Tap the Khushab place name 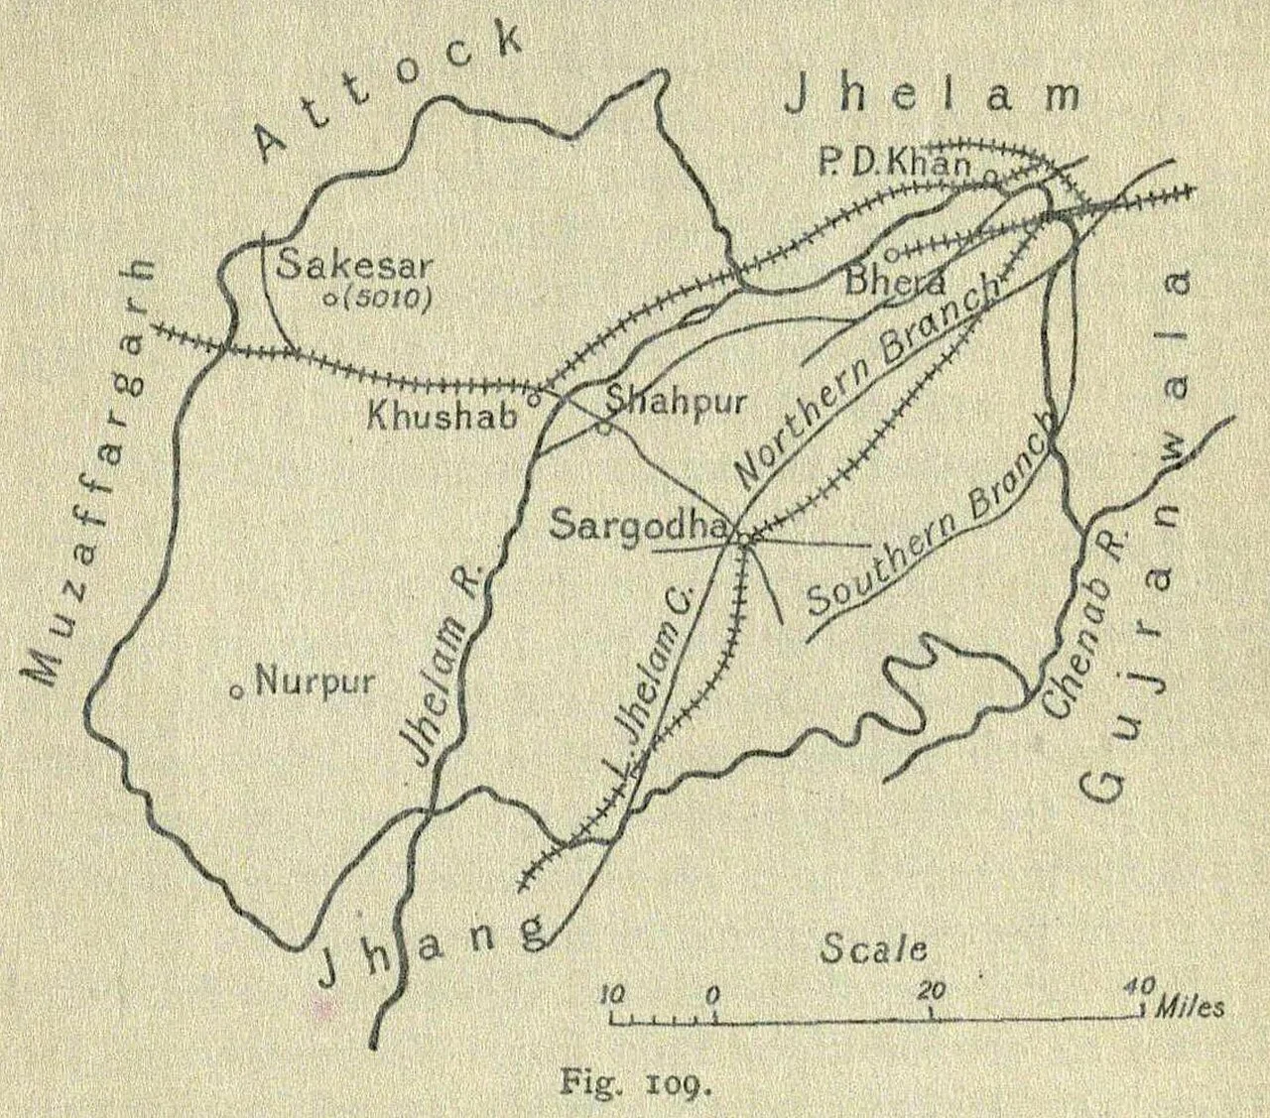click(443, 415)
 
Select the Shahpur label click(675, 403)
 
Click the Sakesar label click(354, 266)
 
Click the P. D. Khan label click(894, 164)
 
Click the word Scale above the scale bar click(873, 949)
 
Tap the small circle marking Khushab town click(533, 399)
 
